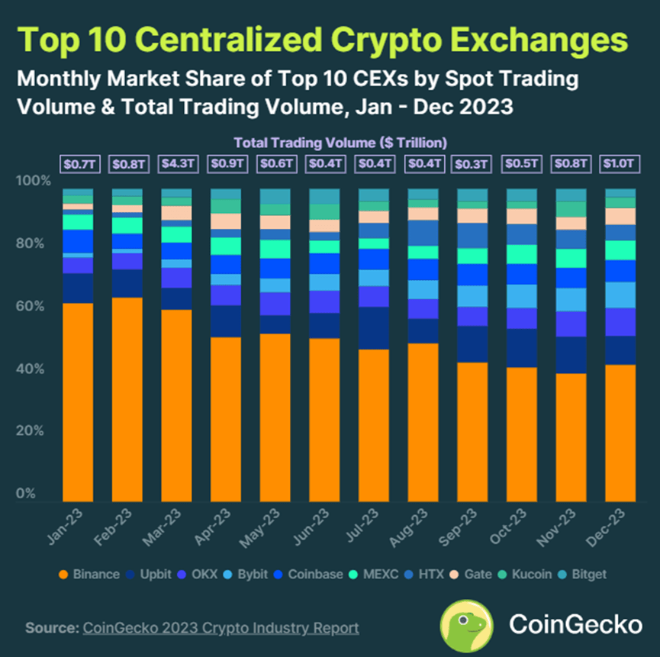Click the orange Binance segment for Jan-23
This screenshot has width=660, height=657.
pyautogui.click(x=78, y=401)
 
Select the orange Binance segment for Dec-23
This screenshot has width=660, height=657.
pyautogui.click(x=620, y=431)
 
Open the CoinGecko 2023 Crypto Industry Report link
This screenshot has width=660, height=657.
pyautogui.click(x=221, y=628)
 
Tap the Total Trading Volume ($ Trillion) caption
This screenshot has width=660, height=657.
pyautogui.click(x=340, y=143)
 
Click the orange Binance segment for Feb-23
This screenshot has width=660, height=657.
pyautogui.click(x=127, y=398)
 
